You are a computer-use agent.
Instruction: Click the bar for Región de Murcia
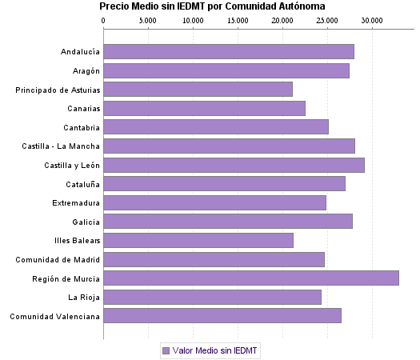pyautogui.click(x=251, y=278)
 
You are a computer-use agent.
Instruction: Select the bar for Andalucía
pyautogui.click(x=229, y=52)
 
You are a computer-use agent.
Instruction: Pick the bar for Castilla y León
pyautogui.click(x=234, y=165)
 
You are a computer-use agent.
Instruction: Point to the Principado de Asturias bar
pyautogui.click(x=198, y=90)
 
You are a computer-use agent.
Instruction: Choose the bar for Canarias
pyautogui.click(x=204, y=108)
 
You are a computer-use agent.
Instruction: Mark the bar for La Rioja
pyautogui.click(x=212, y=297)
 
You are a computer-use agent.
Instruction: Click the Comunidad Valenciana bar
pyautogui.click(x=222, y=315)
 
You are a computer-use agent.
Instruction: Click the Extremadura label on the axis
pyautogui.click(x=76, y=202)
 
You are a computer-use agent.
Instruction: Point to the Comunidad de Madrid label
pyautogui.click(x=58, y=259)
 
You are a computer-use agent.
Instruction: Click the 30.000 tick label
pyautogui.click(x=370, y=18)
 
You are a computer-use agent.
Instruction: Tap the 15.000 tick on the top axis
pyautogui.click(x=237, y=18)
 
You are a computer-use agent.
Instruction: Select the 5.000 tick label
pyautogui.click(x=148, y=18)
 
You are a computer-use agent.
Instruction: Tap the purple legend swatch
pyautogui.click(x=166, y=350)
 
